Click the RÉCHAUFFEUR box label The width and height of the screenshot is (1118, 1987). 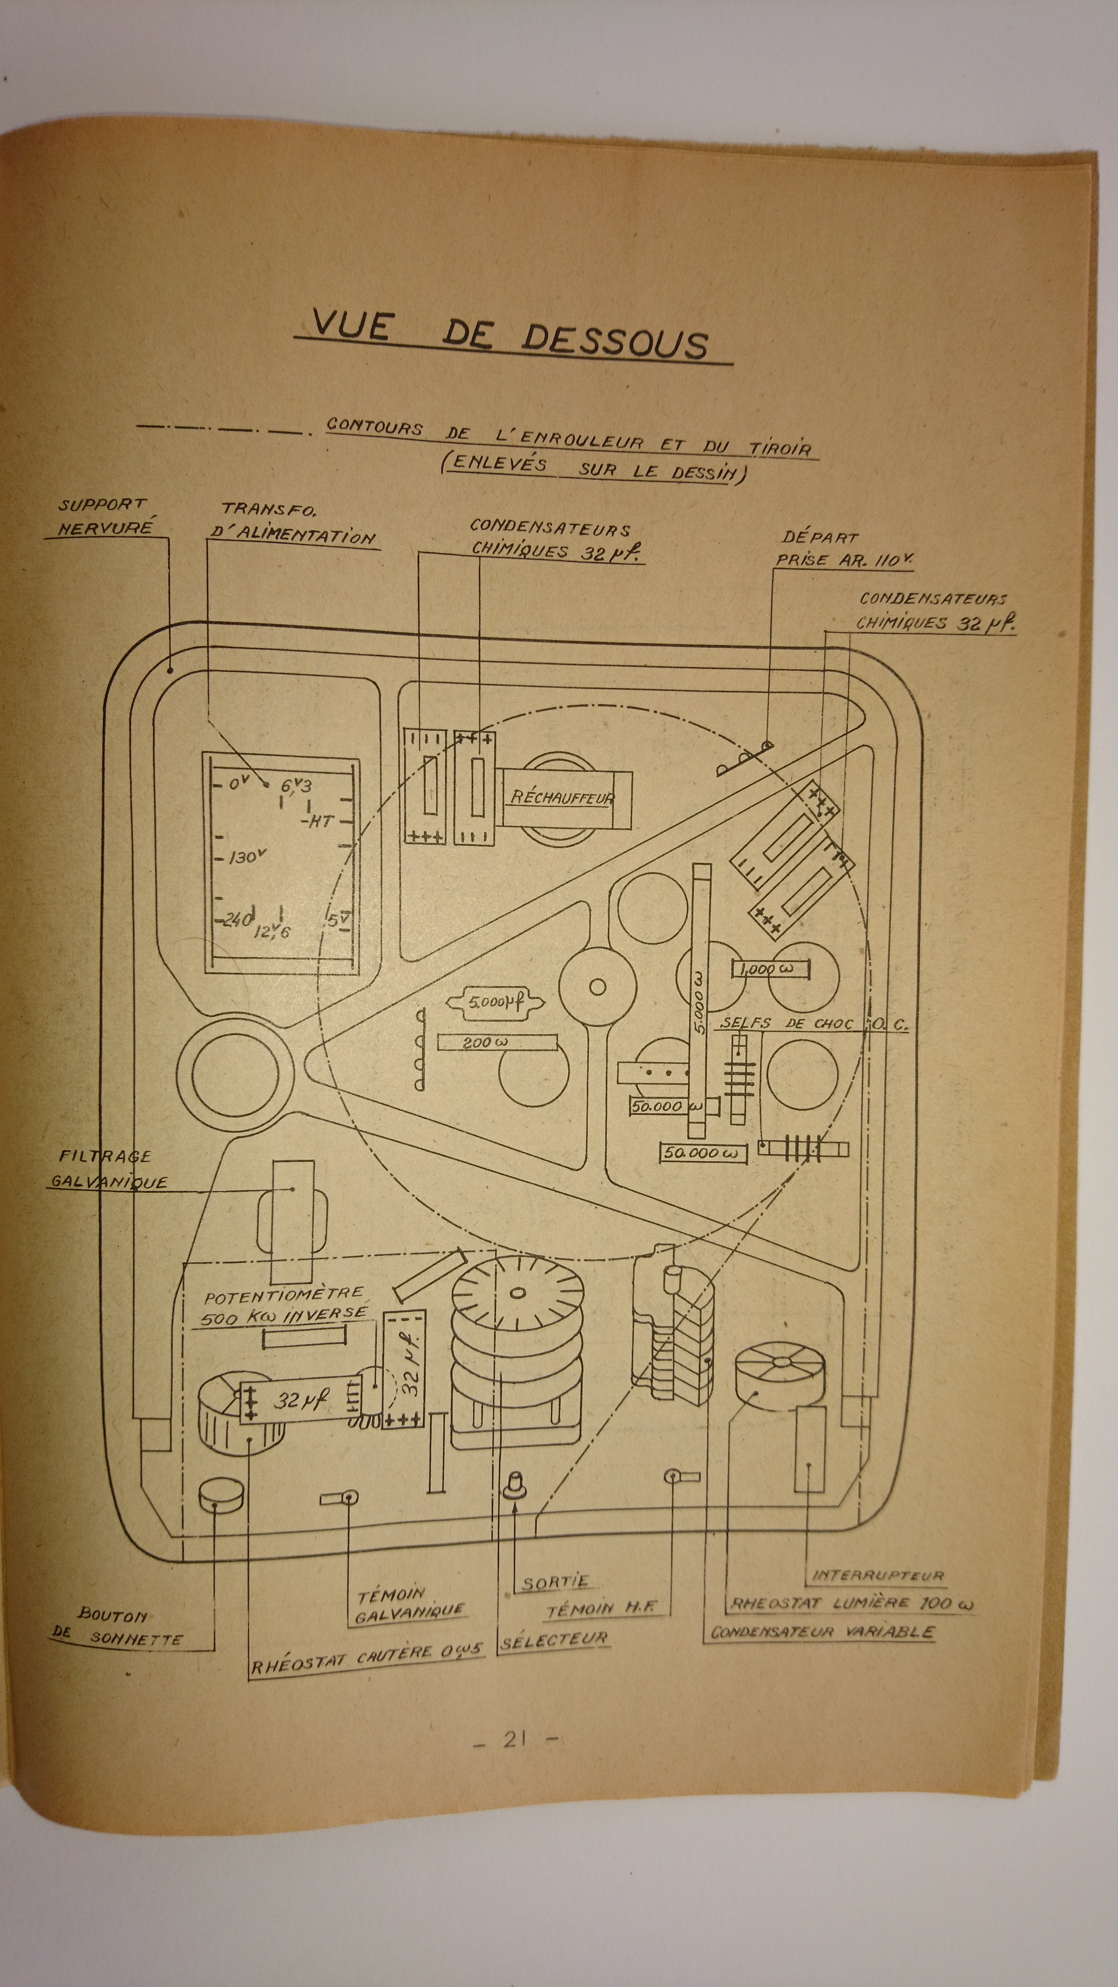click(561, 797)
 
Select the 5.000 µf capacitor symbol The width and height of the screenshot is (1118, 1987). click(495, 1003)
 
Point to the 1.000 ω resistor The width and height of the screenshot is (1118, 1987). click(771, 970)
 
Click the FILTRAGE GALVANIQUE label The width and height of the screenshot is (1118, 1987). click(108, 1169)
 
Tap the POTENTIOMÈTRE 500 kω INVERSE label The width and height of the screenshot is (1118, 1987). click(284, 1305)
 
